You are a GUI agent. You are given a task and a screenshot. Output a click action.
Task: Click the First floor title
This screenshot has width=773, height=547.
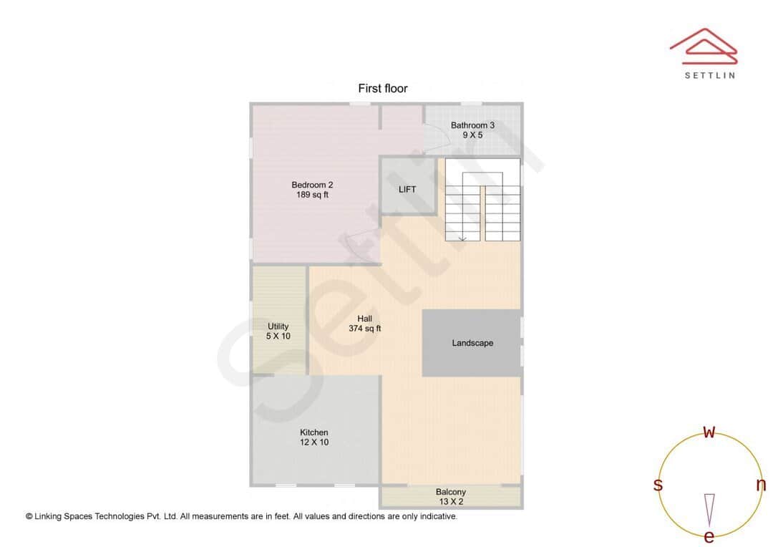tap(383, 89)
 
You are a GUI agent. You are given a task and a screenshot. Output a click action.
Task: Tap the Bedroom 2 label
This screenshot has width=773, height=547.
tap(312, 185)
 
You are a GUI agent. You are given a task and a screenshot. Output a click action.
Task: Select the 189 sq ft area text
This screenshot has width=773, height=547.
tap(312, 195)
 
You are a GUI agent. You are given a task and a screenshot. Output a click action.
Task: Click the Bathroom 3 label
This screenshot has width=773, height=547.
tap(472, 125)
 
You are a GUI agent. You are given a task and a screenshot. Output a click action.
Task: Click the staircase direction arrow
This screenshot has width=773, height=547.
tap(462, 237)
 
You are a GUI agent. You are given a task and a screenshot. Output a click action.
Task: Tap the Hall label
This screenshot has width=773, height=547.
tap(364, 319)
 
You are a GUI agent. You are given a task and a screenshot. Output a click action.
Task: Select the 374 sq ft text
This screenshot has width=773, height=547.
tap(364, 329)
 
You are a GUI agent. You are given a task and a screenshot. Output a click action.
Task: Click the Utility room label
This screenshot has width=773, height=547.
tap(278, 326)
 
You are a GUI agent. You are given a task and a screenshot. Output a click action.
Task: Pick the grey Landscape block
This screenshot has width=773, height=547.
tap(472, 343)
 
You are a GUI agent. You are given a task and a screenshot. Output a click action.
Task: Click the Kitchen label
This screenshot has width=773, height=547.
tap(314, 432)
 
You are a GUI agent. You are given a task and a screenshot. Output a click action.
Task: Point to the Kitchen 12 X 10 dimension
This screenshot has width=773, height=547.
tap(314, 442)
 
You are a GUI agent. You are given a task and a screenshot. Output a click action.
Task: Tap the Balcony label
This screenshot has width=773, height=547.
tap(451, 492)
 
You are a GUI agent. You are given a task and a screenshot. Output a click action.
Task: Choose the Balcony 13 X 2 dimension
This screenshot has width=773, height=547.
tap(451, 502)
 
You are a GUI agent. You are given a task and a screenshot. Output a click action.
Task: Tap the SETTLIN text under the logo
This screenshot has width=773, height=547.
tap(709, 75)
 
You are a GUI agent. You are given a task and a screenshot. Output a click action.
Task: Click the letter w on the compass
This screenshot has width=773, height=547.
tap(709, 432)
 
